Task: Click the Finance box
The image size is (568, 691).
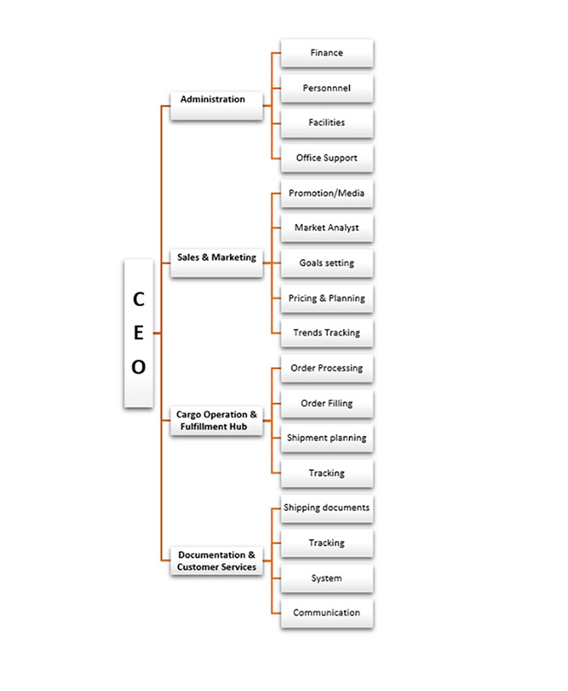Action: [x=327, y=53]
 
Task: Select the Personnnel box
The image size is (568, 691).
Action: [x=327, y=89]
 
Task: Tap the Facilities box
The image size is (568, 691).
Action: [x=327, y=123]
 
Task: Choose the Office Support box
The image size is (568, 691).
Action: [x=327, y=158]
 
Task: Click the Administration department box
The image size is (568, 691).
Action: [x=217, y=106]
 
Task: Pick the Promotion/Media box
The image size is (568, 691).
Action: [x=327, y=193]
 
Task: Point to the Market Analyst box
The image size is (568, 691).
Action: [x=327, y=228]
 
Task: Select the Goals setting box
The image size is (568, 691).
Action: [x=327, y=263]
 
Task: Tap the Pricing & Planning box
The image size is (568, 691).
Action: [x=327, y=298]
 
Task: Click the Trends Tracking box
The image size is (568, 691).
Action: [x=327, y=333]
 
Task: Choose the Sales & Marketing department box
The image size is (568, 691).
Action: [x=217, y=263]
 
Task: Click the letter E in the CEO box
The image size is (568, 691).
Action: [x=139, y=333]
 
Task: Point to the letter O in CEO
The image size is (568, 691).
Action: [x=139, y=367]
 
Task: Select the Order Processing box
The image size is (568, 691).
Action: [x=327, y=369]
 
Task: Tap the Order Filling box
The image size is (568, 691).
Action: [x=327, y=404]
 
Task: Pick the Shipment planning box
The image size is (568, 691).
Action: [x=327, y=438]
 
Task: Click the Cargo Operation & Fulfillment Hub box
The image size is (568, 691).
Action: [x=217, y=421]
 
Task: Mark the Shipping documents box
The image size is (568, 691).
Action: [x=327, y=508]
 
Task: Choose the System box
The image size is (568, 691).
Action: [x=327, y=578]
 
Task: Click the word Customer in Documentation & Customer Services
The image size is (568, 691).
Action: [x=197, y=567]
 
